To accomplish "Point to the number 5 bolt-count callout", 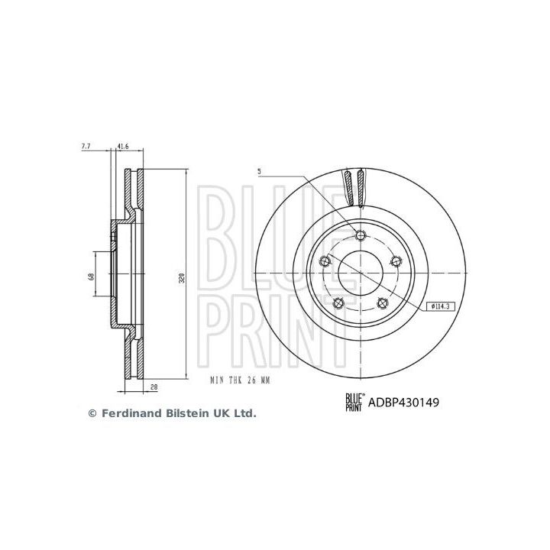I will tap(259, 173).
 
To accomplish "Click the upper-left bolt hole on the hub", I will tap(325, 260).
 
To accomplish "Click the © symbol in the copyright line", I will tap(93, 413).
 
